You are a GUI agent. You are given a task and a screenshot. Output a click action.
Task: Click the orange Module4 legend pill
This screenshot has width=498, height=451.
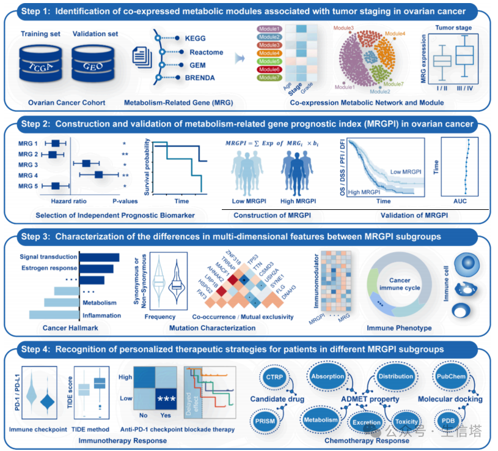269,53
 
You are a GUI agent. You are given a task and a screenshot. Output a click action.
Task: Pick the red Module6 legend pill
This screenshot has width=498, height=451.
269,70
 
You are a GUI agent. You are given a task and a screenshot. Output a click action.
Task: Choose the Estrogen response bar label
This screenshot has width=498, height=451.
48,267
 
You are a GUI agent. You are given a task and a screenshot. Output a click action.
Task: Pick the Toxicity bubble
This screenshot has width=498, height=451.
406,422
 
